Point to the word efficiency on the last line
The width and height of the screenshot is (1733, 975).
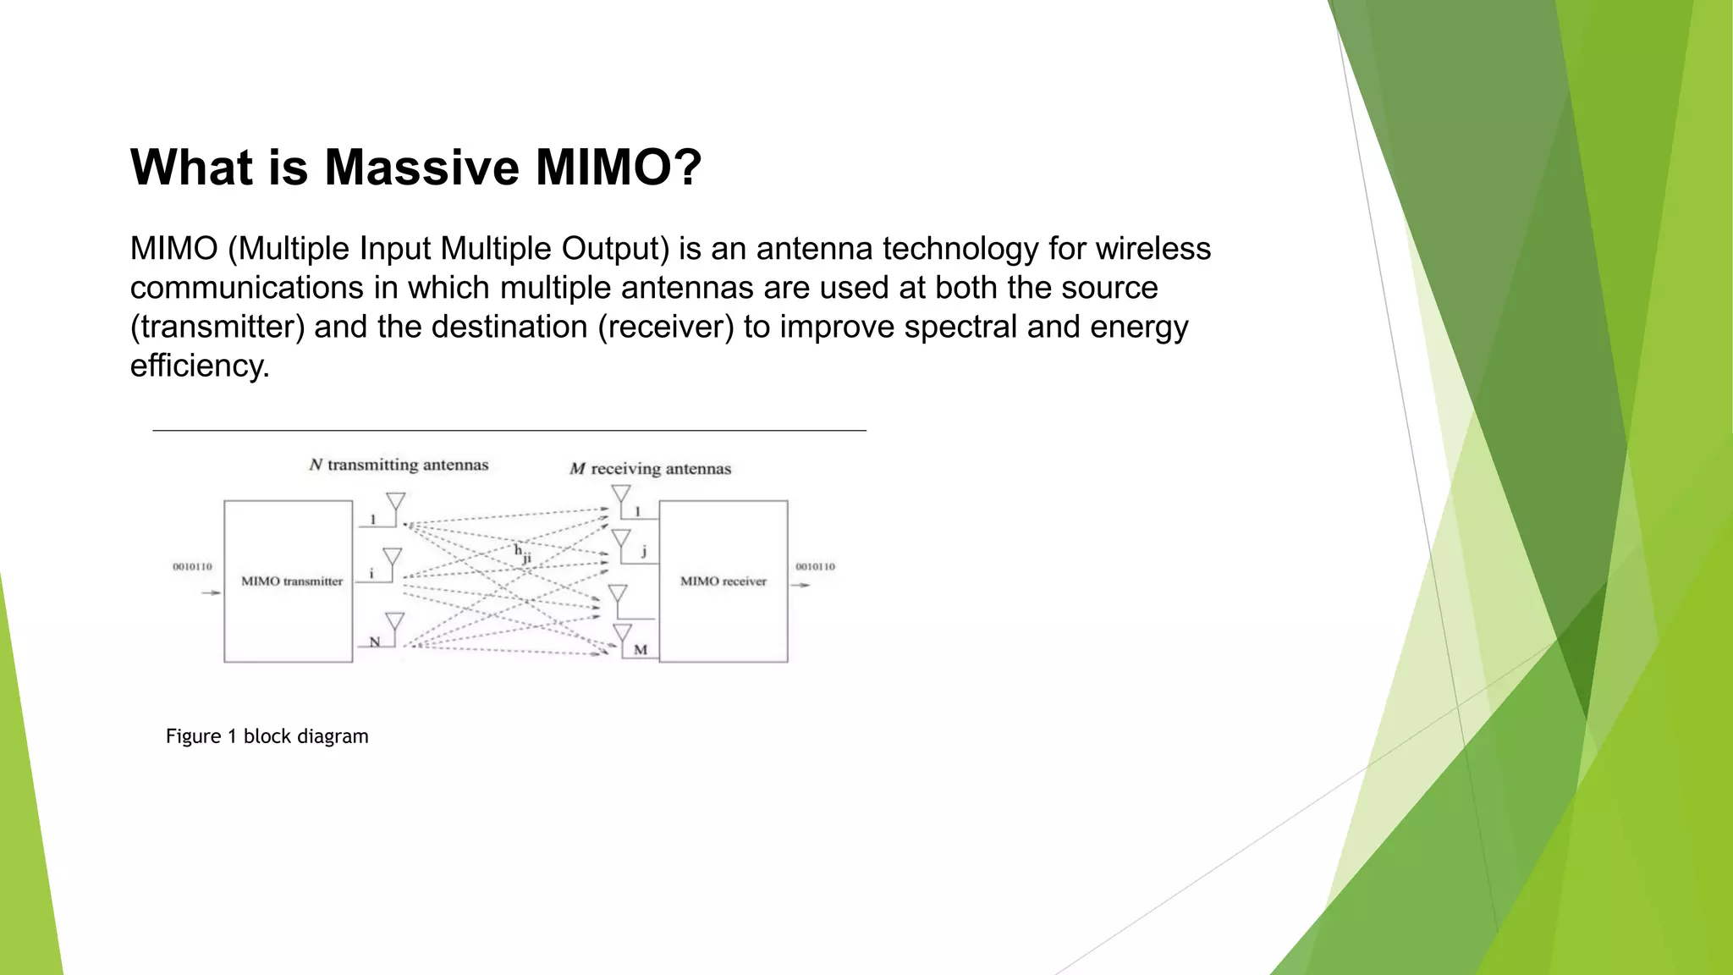click(x=199, y=366)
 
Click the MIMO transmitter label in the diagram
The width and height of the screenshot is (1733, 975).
click(x=292, y=581)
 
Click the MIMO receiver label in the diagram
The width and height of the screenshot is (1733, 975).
click(x=723, y=581)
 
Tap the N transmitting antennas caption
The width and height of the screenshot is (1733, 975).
click(x=399, y=465)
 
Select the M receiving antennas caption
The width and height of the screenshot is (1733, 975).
click(x=650, y=469)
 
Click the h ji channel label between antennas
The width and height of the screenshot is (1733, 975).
click(x=522, y=554)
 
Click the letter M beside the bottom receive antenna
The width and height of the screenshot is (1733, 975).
click(x=641, y=650)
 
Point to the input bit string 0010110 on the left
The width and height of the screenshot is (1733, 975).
click(x=192, y=566)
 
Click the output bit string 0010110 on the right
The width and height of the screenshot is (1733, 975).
click(x=815, y=566)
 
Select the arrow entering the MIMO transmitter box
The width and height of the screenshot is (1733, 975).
click(x=211, y=592)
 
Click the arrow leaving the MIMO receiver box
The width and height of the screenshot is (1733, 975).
click(x=800, y=585)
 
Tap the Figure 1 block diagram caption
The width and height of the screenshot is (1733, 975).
click(x=267, y=736)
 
